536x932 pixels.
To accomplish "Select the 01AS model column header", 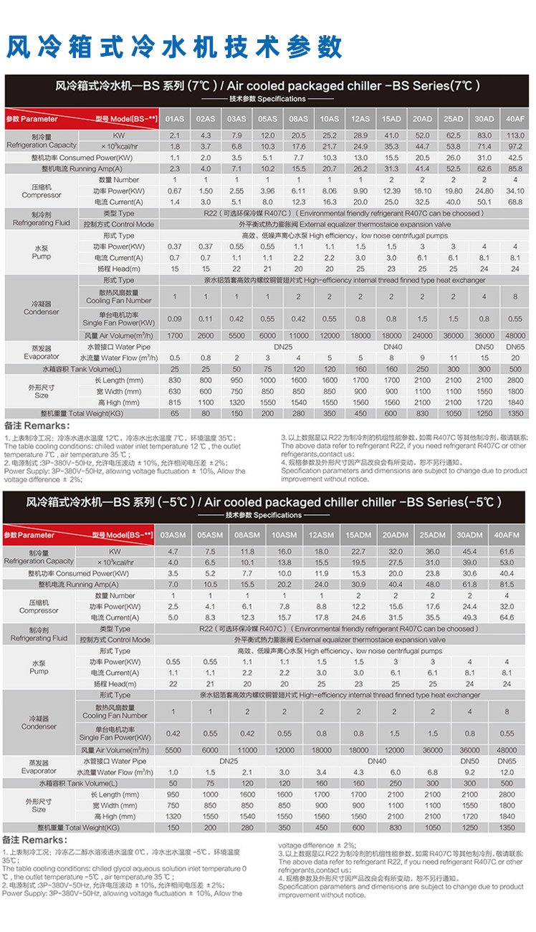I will pos(174,119).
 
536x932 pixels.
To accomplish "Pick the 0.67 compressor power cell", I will pos(174,191).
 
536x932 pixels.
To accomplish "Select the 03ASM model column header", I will pos(173,535).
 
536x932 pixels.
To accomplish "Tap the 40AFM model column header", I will pos(507,535).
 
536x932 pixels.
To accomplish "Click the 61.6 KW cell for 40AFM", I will pos(507,552).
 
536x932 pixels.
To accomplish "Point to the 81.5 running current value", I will pos(507,585).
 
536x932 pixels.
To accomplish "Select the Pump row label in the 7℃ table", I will pos(42,251).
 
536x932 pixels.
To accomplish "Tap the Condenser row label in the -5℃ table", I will pos(39,722).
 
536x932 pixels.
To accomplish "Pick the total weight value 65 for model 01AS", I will pos(174,414).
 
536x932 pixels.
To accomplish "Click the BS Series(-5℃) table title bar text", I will pos(263,502).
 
